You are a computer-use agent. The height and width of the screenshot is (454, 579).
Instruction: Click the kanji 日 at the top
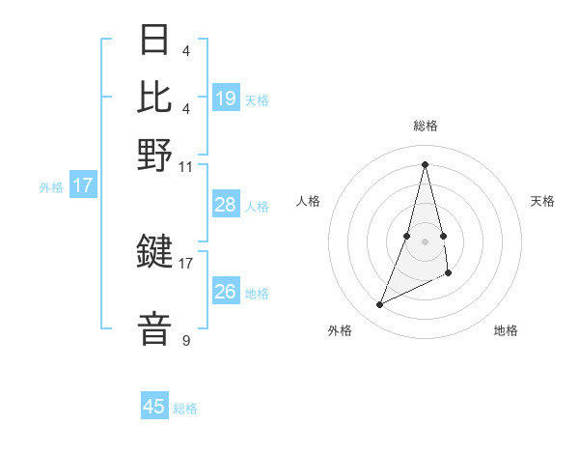[155, 40]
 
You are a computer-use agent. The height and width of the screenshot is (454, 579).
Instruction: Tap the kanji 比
[155, 97]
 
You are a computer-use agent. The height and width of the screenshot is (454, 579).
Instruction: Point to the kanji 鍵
[155, 252]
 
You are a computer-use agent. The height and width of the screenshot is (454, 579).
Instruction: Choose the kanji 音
[155, 328]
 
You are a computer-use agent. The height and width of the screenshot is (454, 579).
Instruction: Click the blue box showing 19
[226, 99]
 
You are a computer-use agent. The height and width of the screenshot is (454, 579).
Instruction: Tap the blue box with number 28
[226, 205]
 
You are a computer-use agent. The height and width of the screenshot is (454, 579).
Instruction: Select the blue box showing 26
[226, 292]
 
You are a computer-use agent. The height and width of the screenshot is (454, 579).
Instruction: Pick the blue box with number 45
[154, 407]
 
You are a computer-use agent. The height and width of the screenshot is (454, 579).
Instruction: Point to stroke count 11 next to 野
[186, 166]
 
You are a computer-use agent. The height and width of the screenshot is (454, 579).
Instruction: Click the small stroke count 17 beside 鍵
[186, 262]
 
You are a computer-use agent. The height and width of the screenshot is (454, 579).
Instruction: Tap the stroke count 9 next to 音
[186, 340]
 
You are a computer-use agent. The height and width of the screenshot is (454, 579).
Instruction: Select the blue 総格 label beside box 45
[185, 409]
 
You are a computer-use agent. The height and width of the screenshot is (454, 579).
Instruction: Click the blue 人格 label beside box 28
[257, 207]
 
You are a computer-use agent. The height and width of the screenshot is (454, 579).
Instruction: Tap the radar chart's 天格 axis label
[543, 201]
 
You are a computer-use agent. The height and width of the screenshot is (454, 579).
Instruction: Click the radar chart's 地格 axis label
[506, 331]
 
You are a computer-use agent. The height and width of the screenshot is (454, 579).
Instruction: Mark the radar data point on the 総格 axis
[425, 164]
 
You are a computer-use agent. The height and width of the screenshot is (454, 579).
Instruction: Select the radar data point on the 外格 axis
[380, 305]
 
